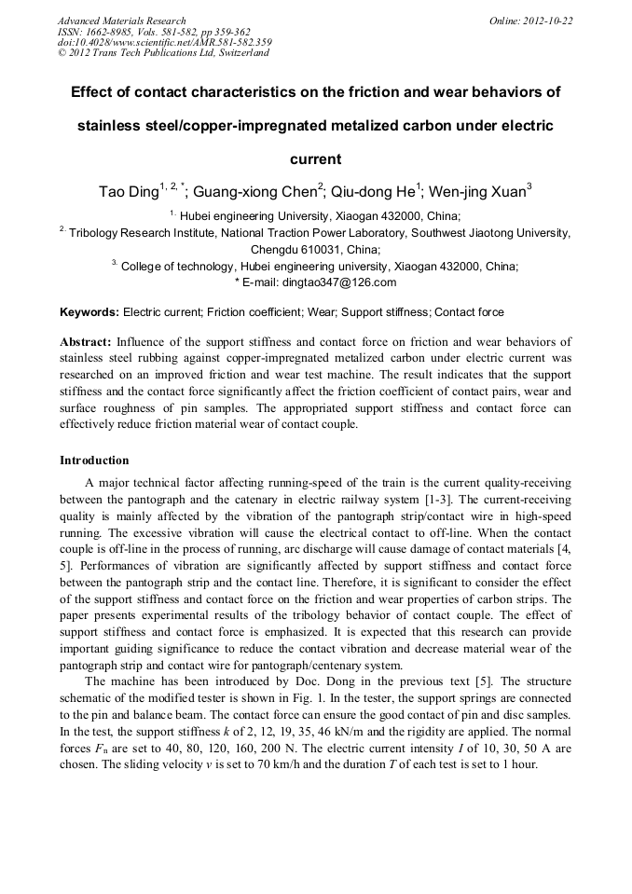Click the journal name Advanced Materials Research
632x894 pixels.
121,21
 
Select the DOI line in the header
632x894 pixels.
164,42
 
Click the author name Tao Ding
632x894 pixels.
129,193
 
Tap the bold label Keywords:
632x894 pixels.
89,312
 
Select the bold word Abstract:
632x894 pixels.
86,342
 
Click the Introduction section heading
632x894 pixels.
94,461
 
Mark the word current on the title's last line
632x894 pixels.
316,159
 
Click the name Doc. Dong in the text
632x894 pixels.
348,681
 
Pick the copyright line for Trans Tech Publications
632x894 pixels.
163,53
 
